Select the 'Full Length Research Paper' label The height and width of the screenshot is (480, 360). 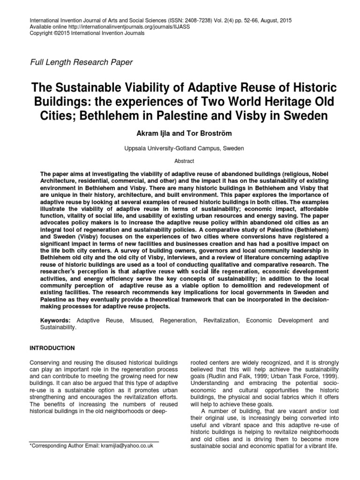(x=81, y=62)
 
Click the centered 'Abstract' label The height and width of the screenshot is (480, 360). (x=180, y=159)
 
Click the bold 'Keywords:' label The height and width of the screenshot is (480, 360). (x=55, y=320)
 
